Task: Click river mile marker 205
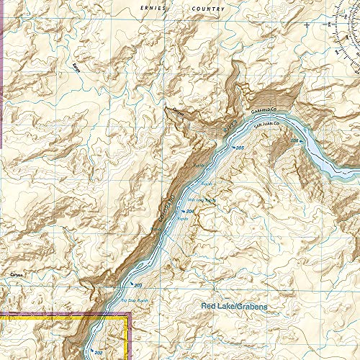tap(240, 148)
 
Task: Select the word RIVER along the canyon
tap(229, 128)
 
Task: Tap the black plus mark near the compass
tap(307, 24)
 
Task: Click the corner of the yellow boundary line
tap(128, 315)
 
